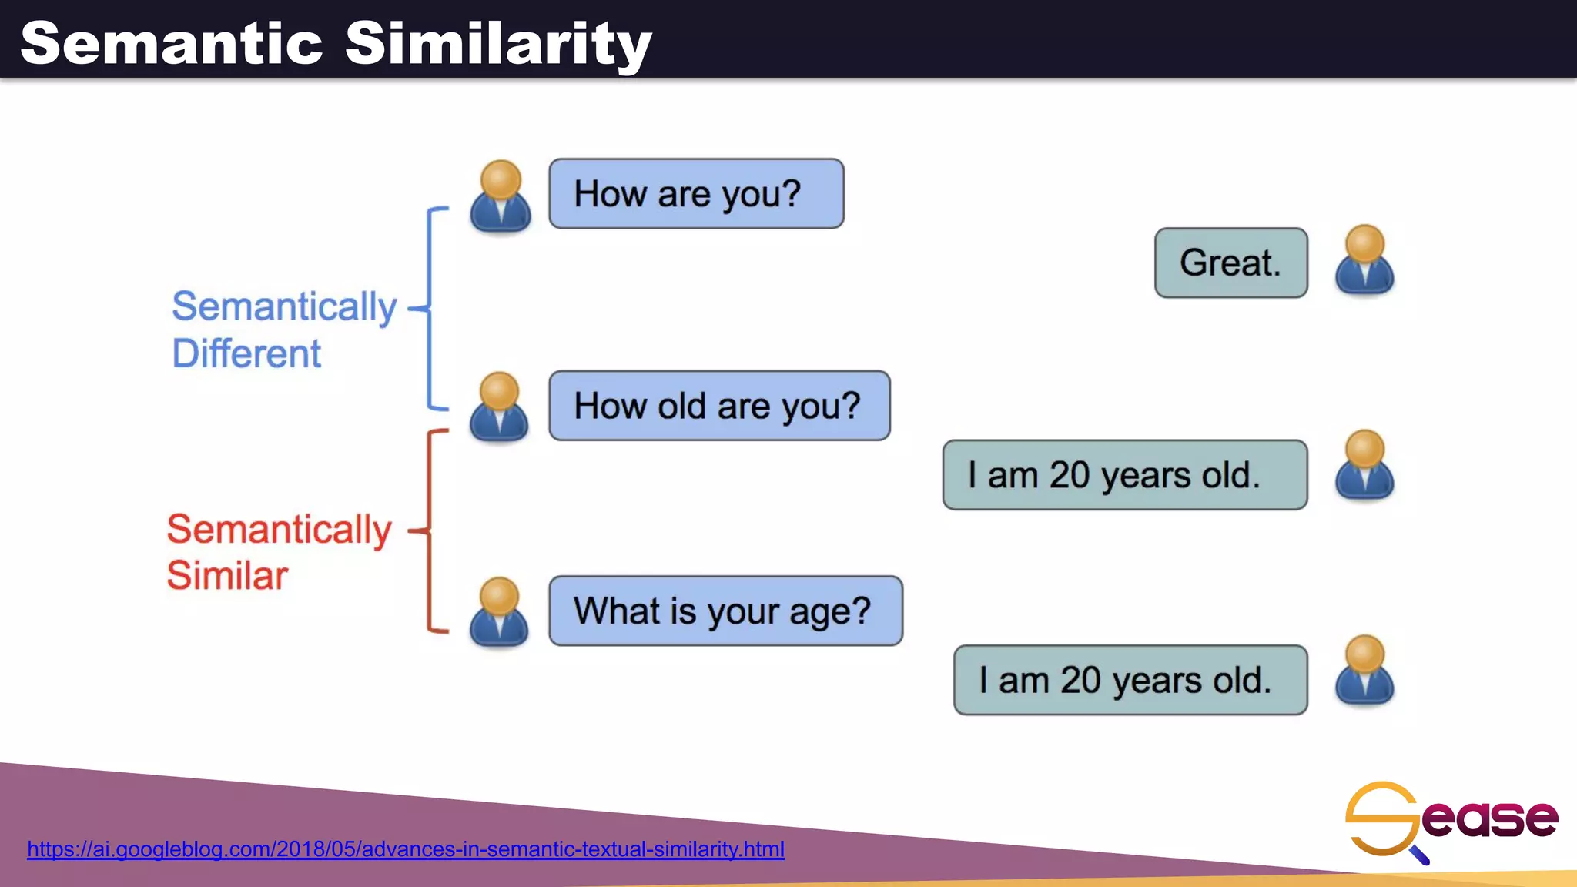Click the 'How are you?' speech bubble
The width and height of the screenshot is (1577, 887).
pos(696,194)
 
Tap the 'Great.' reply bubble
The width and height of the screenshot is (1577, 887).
pos(1230,263)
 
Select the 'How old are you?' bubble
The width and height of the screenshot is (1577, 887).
pos(719,406)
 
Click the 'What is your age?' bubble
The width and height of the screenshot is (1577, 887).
pos(725,611)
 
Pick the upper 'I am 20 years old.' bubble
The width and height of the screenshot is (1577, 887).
pos(1124,475)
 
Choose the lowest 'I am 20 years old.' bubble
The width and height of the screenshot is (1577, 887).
pos(1130,680)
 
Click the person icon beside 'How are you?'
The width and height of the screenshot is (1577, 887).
pos(501,197)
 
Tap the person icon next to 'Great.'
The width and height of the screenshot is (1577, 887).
pos(1364,260)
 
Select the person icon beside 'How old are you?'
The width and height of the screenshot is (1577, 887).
pos(499,408)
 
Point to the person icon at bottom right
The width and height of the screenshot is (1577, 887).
pos(1364,671)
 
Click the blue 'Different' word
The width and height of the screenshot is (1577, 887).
pos(246,354)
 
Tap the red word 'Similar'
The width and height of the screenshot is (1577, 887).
pos(227,576)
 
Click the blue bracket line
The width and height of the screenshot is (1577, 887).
pos(429,308)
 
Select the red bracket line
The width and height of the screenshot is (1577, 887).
pos(429,531)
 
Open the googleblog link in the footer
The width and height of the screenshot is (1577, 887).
pos(406,849)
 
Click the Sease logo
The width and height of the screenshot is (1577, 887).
pos(1451,820)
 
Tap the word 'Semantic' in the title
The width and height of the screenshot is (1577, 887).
pos(171,43)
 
